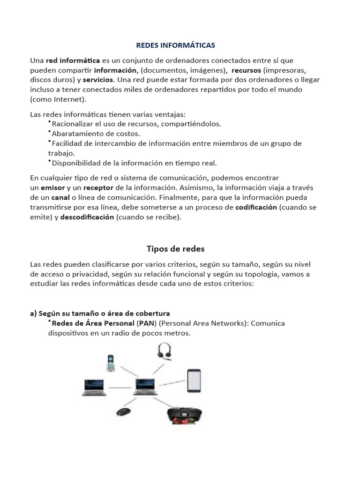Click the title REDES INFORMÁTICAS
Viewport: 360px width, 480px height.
pyautogui.click(x=175, y=45)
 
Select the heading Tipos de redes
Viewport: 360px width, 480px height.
pyautogui.click(x=175, y=248)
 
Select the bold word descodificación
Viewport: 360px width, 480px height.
pyautogui.click(x=87, y=217)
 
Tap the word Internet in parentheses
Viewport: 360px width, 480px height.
pyautogui.click(x=69, y=99)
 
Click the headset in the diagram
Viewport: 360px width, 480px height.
pyautogui.click(x=164, y=352)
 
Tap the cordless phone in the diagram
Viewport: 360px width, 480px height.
pyautogui.click(x=110, y=363)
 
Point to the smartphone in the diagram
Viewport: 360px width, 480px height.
pyautogui.click(x=194, y=380)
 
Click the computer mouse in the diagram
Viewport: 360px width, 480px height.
pyautogui.click(x=123, y=412)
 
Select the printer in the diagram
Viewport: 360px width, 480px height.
pyautogui.click(x=184, y=415)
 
